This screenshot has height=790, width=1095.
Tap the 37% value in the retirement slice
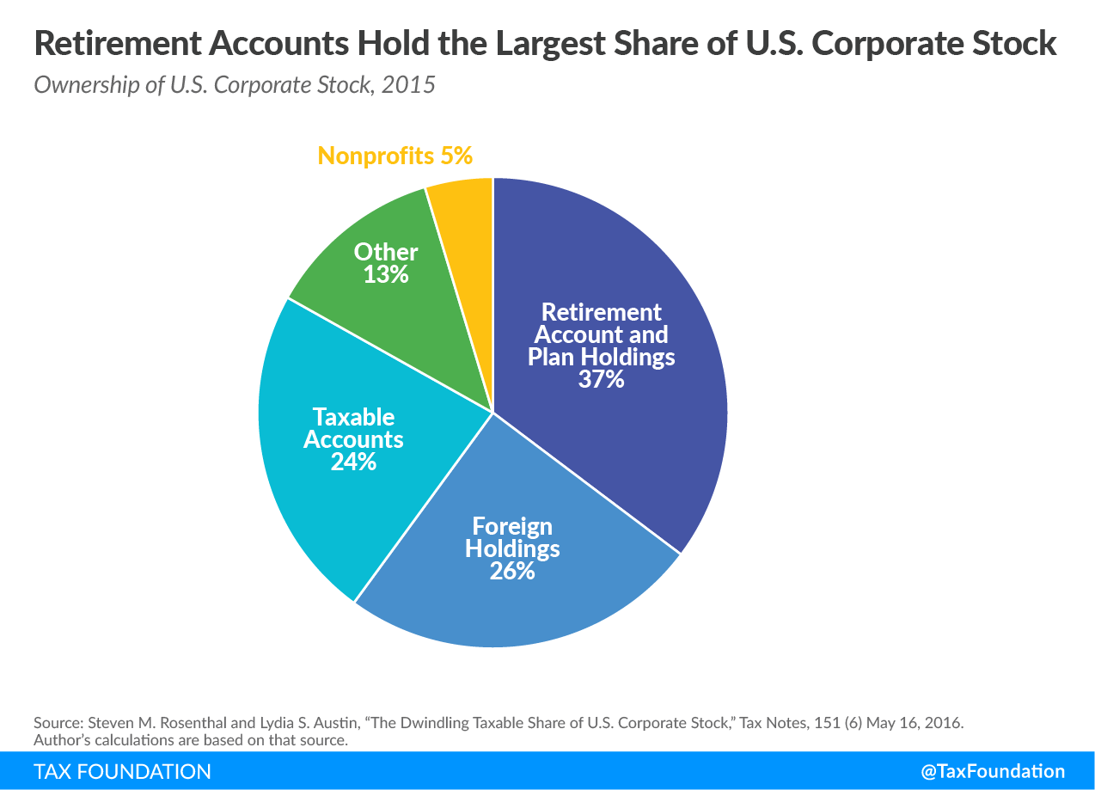(x=601, y=378)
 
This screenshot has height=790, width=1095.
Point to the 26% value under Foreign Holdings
(x=512, y=570)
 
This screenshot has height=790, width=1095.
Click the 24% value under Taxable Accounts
(x=353, y=462)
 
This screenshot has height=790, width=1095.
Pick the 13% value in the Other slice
(x=385, y=274)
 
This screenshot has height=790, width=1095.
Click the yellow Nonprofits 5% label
(x=395, y=156)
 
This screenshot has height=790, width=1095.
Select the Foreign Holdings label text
(x=512, y=536)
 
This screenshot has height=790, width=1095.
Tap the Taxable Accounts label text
(x=353, y=428)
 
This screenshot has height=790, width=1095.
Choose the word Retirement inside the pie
(x=602, y=311)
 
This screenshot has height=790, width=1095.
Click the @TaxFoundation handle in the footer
(x=993, y=771)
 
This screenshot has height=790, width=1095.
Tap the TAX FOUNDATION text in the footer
(x=122, y=771)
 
